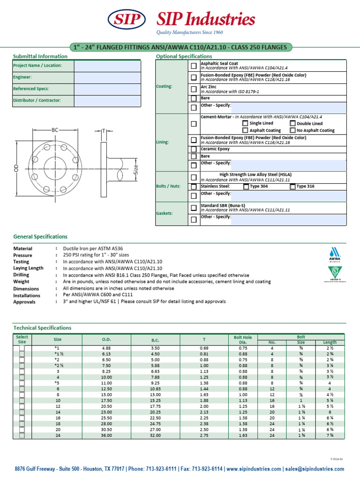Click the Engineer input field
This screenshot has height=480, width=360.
point(107,77)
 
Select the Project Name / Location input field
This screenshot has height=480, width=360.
point(107,66)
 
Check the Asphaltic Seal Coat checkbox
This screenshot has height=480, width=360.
point(194,65)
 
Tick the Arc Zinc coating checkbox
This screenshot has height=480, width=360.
point(194,89)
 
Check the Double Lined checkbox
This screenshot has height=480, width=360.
point(292,123)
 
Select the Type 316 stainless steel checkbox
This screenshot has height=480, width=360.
point(292,186)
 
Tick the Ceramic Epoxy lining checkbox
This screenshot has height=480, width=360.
point(194,149)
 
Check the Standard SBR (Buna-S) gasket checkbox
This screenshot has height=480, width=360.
point(194,208)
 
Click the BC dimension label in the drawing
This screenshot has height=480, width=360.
point(55,129)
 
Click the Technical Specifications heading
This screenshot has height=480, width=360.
point(42,328)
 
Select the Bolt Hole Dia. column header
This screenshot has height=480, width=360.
point(243,339)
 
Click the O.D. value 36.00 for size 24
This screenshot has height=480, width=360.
point(106,435)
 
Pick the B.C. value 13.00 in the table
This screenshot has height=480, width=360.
point(155,395)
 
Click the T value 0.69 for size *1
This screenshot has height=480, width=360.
point(204,348)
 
